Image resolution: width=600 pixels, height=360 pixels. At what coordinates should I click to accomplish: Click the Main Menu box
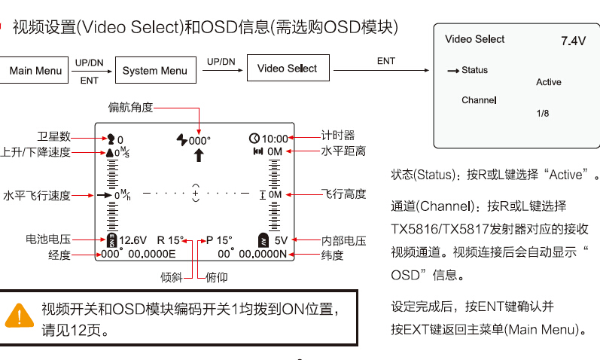[35, 71]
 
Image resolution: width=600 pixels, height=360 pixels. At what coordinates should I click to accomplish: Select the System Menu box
[155, 71]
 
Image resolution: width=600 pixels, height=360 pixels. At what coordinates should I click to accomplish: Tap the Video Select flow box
[287, 69]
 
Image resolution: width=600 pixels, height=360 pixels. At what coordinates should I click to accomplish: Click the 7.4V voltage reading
[573, 41]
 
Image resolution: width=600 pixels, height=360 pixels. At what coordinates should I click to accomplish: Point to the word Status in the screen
[475, 70]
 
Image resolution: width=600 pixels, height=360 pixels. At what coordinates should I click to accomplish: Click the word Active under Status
[549, 82]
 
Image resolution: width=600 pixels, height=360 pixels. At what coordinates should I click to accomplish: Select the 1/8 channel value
[543, 113]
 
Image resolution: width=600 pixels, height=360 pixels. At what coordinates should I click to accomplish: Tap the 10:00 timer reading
[274, 139]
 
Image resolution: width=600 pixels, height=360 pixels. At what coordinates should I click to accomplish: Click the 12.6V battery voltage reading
[132, 240]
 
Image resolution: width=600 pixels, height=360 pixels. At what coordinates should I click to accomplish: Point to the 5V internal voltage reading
[281, 240]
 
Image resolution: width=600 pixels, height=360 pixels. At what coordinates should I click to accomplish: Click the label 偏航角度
[130, 108]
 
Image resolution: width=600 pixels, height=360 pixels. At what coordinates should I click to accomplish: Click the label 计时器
[337, 136]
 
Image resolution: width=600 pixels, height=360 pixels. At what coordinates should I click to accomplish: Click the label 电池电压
[47, 239]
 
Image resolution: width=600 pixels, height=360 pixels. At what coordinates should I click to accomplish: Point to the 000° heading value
[199, 140]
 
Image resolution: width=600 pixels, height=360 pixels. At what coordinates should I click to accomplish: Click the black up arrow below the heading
[199, 156]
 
